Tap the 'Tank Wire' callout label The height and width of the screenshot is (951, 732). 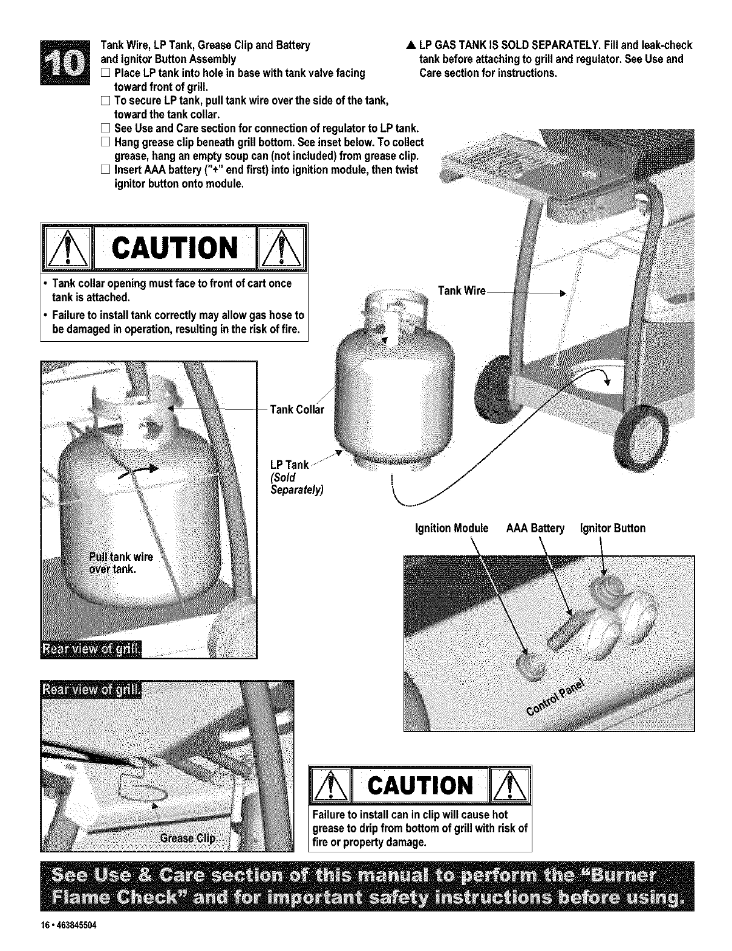pyautogui.click(x=462, y=291)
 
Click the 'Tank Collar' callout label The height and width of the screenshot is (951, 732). pyautogui.click(x=297, y=410)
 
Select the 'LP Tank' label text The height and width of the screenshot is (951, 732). pyautogui.click(x=289, y=465)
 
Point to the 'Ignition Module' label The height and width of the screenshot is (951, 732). pyautogui.click(x=451, y=528)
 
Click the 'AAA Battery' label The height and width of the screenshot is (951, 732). pyautogui.click(x=535, y=528)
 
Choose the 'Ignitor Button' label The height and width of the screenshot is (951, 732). pyautogui.click(x=612, y=528)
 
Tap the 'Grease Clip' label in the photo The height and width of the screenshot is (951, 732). pyautogui.click(x=188, y=838)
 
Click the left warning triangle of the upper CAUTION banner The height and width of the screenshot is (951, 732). pyautogui.click(x=67, y=249)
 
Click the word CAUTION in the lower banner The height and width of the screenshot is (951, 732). pyautogui.click(x=420, y=786)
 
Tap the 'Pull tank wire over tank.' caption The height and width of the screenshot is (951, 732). pyautogui.click(x=120, y=563)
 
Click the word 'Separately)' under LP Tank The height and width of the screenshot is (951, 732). pyautogui.click(x=296, y=489)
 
